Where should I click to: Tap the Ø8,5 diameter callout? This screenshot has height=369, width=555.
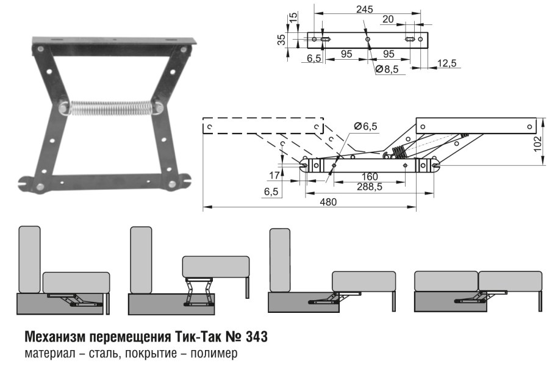pos(387,70)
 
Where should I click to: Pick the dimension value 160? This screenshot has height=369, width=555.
pos(368,177)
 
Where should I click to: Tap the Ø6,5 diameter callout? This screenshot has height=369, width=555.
pos(366,126)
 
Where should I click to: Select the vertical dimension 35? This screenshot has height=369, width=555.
pos(281,40)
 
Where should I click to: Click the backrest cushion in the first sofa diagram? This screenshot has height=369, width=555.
pos(29,259)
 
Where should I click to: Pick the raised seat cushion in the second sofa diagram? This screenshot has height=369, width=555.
pos(217,267)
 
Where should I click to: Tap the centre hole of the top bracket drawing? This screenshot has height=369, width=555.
pos(367,40)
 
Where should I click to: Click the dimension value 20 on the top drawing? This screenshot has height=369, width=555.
pos(388,20)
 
